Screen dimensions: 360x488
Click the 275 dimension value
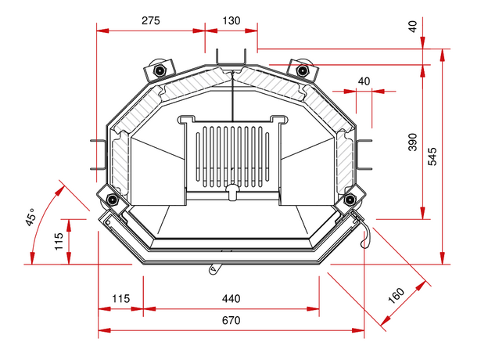[152, 21]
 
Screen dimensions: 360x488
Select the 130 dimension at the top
[231, 21]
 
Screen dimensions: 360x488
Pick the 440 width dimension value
[231, 298]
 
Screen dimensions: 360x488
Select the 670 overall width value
[231, 320]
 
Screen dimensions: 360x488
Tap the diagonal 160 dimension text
[396, 296]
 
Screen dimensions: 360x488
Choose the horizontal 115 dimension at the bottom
[120, 298]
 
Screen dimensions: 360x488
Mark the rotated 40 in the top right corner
[412, 26]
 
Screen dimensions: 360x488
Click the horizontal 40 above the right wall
[364, 81]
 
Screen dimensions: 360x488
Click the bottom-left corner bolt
[113, 200]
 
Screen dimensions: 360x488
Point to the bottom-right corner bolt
[349, 200]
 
